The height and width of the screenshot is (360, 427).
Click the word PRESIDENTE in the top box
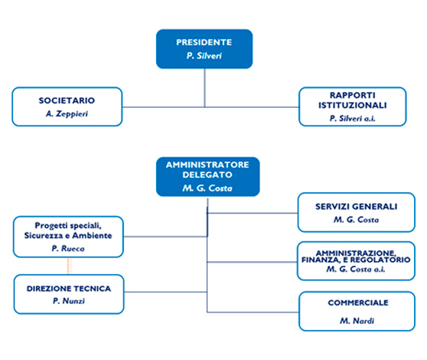[x=204, y=42]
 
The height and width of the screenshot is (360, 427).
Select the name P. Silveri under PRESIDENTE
[x=204, y=56]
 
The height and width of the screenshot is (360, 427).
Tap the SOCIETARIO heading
[x=67, y=100]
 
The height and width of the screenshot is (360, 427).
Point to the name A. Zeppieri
[x=67, y=113]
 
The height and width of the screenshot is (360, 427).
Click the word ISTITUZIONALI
[x=353, y=105]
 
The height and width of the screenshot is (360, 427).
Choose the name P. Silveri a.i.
[x=352, y=118]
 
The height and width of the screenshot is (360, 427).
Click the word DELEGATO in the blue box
[x=207, y=175]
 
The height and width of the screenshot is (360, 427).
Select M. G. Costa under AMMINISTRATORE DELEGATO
[x=207, y=188]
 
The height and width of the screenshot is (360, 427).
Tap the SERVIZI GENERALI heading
[x=356, y=207]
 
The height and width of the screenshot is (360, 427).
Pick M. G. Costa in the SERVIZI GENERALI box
[x=356, y=219]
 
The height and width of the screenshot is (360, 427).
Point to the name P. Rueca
[x=68, y=248]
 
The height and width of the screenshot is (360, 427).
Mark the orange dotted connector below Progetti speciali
[x=68, y=266]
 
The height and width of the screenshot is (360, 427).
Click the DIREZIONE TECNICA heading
[x=69, y=289]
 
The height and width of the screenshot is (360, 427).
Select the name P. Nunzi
[x=69, y=300]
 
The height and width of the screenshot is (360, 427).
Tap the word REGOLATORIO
[x=380, y=260]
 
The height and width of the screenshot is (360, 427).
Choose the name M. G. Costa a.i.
[x=356, y=270]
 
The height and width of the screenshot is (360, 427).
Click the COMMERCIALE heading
[x=358, y=303]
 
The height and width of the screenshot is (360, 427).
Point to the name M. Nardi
[x=357, y=321]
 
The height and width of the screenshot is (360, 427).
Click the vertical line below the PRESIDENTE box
[x=204, y=88]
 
